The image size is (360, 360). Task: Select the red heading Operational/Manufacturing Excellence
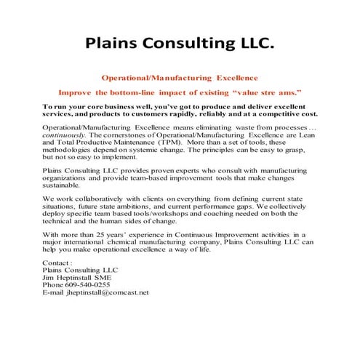point(179,77)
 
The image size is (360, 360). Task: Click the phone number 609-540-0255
point(91,284)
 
